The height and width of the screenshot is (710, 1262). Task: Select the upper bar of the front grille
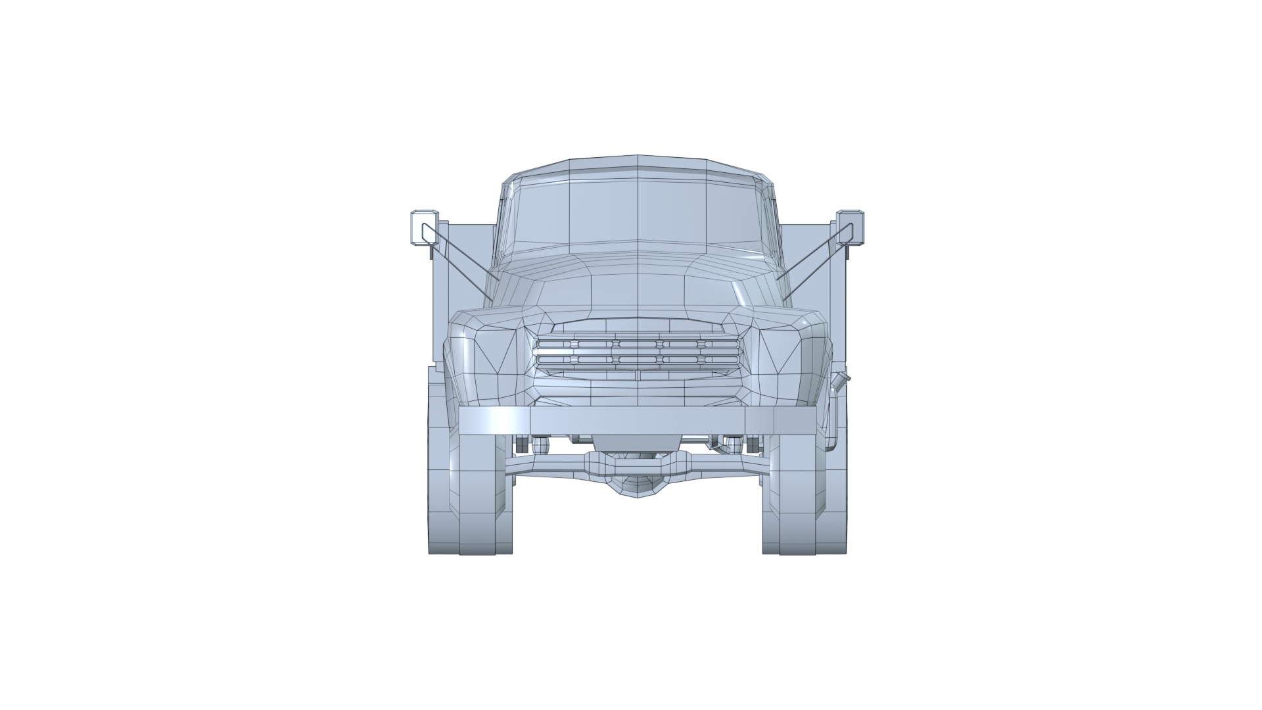point(638,344)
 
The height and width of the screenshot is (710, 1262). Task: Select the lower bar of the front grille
point(638,360)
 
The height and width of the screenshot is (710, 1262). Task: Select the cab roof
point(638,164)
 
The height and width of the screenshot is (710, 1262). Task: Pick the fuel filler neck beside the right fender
point(841,381)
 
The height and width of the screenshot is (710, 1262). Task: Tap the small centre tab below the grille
point(637,375)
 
